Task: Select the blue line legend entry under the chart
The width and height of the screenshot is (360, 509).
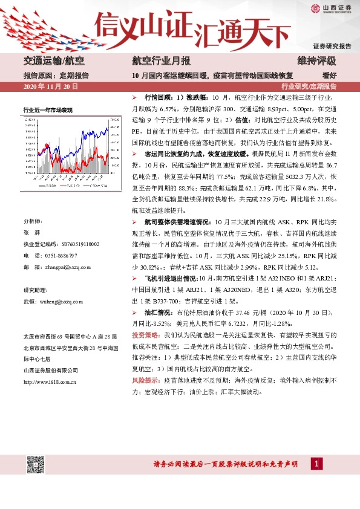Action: pyautogui.click(x=68, y=187)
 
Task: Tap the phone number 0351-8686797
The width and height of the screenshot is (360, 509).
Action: pyautogui.click(x=69, y=255)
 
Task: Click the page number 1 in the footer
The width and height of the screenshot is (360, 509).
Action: pyautogui.click(x=316, y=464)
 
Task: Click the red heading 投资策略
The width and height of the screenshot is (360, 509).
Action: pyautogui.click(x=145, y=334)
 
